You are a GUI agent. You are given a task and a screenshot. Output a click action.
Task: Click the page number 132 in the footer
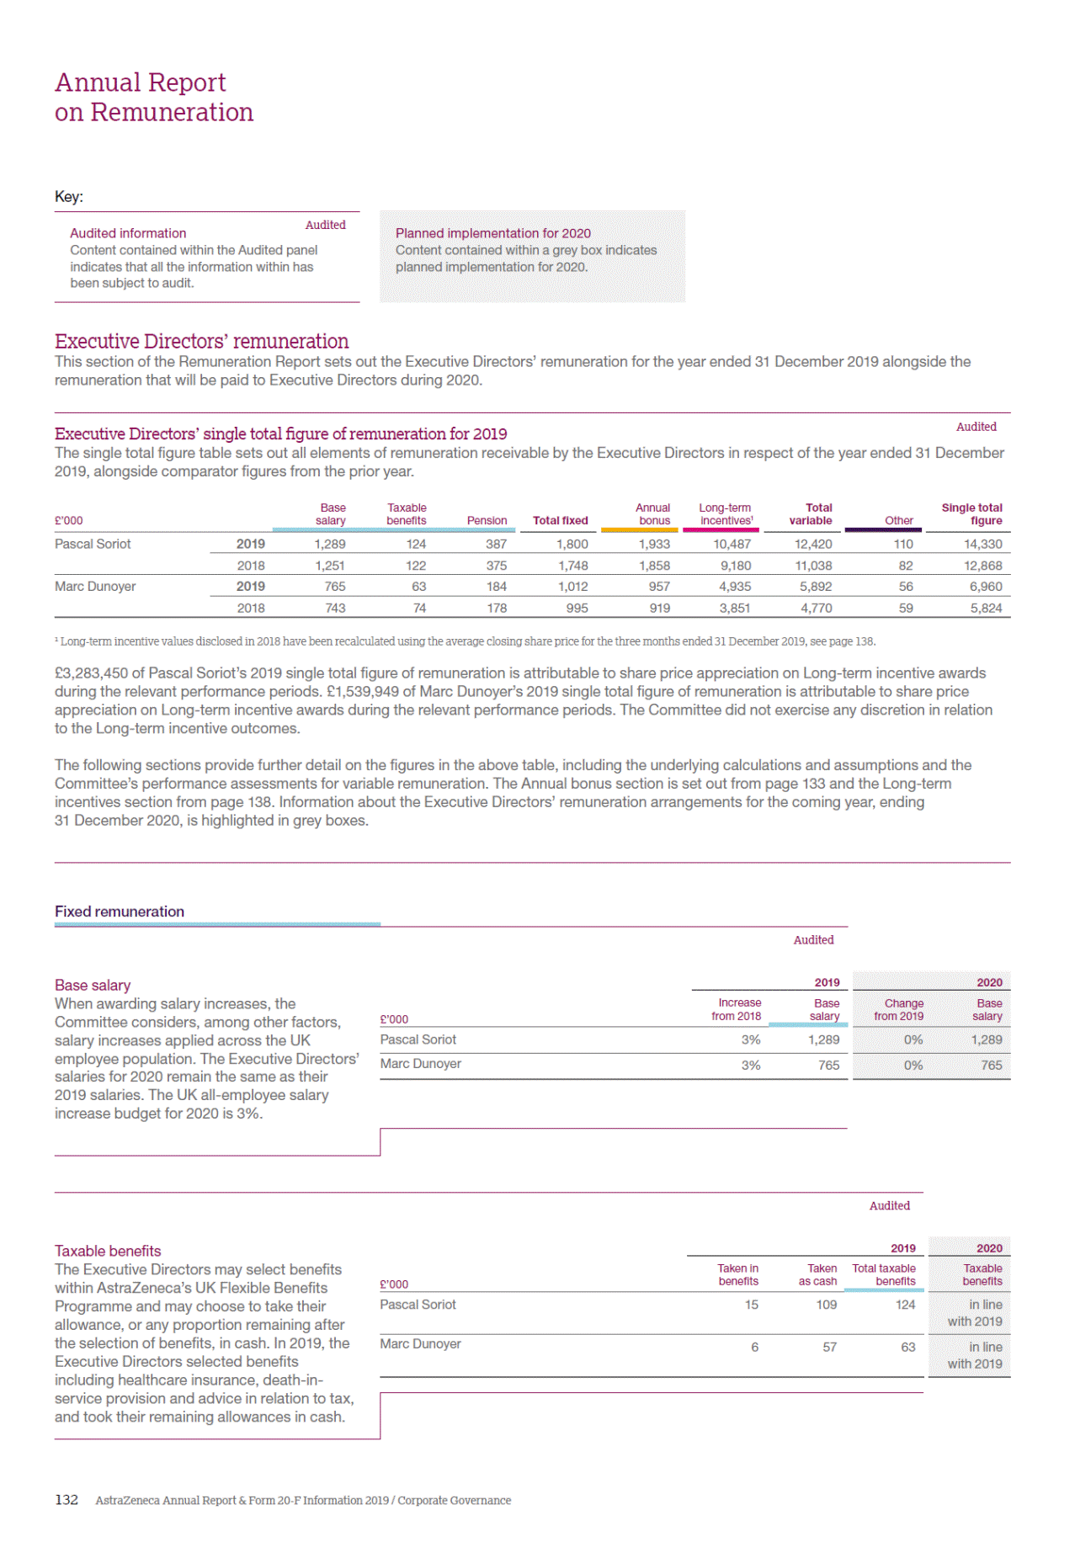click(x=67, y=1499)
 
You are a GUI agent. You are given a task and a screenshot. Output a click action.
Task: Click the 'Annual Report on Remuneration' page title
click(x=153, y=97)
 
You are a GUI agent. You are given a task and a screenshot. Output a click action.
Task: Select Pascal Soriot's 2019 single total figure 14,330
click(x=982, y=544)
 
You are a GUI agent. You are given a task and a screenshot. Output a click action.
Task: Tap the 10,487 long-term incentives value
click(x=732, y=544)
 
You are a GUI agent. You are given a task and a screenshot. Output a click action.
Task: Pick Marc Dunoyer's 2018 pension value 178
click(x=497, y=608)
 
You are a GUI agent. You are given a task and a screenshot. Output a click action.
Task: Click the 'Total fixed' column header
click(x=560, y=520)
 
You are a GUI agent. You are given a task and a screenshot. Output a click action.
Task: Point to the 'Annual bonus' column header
click(x=653, y=514)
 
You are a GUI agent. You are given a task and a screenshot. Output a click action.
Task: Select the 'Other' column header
click(x=898, y=520)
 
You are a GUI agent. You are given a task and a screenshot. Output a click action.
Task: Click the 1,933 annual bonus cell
click(x=654, y=544)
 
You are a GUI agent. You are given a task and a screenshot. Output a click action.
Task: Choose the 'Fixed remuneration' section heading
click(x=120, y=912)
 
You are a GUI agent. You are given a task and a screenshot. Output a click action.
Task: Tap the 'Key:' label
click(x=69, y=197)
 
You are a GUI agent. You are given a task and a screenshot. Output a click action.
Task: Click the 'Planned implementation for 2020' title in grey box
click(x=492, y=233)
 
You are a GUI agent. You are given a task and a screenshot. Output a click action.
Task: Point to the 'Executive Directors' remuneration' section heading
click(x=201, y=341)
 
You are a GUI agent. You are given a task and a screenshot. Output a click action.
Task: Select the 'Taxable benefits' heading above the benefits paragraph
click(x=108, y=1251)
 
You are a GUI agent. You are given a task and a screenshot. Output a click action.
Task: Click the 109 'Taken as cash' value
click(x=826, y=1305)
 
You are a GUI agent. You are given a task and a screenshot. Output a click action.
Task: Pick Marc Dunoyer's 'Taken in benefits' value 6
click(x=754, y=1347)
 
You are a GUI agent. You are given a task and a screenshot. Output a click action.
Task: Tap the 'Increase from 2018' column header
click(x=737, y=1009)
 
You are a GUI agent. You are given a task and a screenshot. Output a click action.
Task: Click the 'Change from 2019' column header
click(x=899, y=1009)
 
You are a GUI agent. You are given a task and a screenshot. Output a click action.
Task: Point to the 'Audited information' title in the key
click(x=128, y=233)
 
